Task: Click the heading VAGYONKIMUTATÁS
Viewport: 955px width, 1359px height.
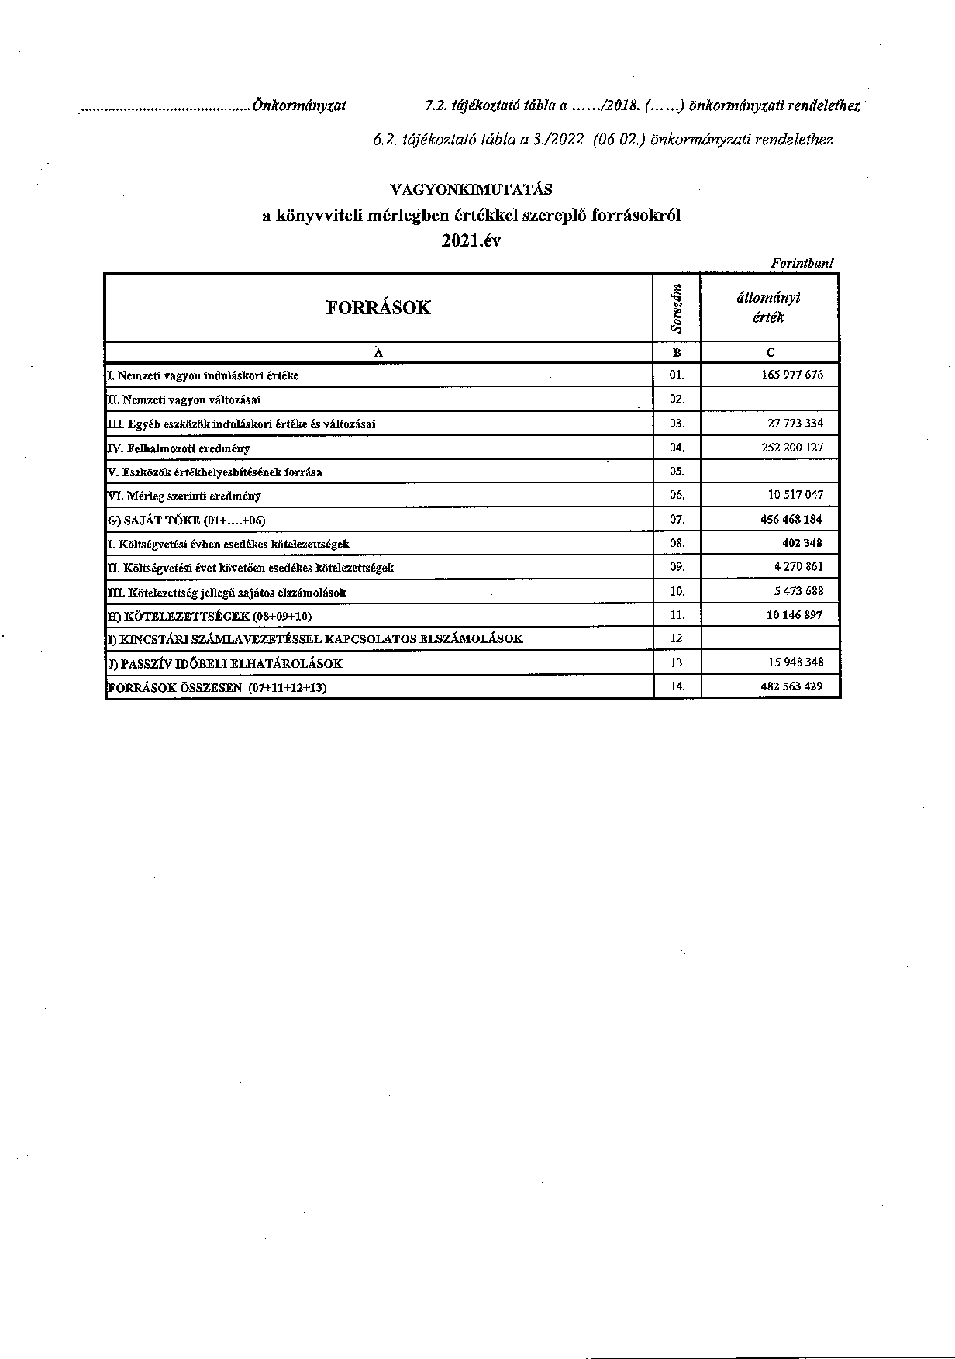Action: pyautogui.click(x=471, y=189)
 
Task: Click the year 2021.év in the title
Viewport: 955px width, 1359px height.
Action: pyautogui.click(x=471, y=240)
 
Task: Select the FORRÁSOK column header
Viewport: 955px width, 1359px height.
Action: pyautogui.click(x=378, y=307)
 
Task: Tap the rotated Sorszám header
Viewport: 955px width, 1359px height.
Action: pyautogui.click(x=677, y=308)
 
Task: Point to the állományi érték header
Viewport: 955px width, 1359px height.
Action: pyautogui.click(x=769, y=307)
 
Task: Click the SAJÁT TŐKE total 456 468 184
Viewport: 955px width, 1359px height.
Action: pyautogui.click(x=791, y=520)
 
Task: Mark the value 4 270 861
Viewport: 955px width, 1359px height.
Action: pyautogui.click(x=798, y=567)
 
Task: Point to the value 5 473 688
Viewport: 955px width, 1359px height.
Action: pyautogui.click(x=798, y=591)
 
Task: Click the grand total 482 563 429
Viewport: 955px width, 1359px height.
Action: pyautogui.click(x=791, y=686)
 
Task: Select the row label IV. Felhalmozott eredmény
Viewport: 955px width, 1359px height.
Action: pyautogui.click(x=178, y=448)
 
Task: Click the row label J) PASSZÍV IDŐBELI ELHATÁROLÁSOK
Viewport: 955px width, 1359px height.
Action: pyautogui.click(x=224, y=664)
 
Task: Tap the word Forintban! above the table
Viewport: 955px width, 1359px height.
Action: pyautogui.click(x=802, y=264)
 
